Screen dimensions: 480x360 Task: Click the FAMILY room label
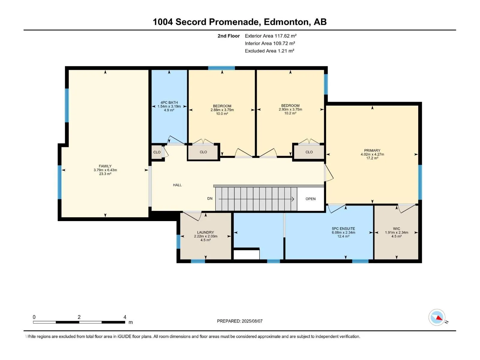[105, 166]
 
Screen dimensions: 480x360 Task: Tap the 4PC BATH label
[169, 103]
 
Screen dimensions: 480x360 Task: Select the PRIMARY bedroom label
[372, 150]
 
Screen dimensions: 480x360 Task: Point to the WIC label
[396, 229]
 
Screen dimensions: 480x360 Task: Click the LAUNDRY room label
[205, 232]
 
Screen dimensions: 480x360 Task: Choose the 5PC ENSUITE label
[343, 229]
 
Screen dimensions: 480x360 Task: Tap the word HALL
[177, 185]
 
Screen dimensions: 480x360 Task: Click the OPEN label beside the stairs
[310, 199]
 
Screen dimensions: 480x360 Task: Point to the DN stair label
[210, 199]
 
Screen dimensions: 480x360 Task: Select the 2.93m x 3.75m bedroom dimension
[290, 109]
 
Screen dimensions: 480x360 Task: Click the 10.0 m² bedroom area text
[222, 114]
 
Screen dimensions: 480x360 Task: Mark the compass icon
[437, 317]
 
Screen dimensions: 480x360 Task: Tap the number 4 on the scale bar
[125, 317]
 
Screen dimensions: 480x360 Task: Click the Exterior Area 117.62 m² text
[271, 36]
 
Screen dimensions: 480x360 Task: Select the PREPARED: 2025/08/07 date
[240, 321]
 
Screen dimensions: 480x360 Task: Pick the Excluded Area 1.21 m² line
[269, 51]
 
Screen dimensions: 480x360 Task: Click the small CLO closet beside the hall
[157, 152]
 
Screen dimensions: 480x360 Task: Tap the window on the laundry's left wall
[178, 241]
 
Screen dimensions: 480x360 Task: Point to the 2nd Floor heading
[229, 36]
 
